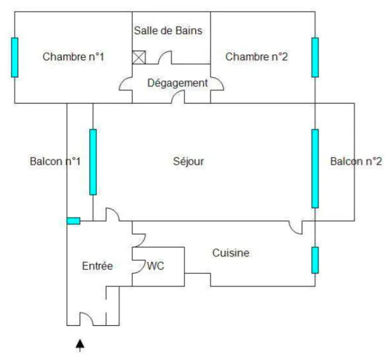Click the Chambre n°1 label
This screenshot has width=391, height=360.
(73, 57)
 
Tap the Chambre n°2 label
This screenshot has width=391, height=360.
(257, 57)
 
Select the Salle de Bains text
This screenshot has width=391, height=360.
(168, 30)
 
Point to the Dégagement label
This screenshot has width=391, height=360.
(178, 83)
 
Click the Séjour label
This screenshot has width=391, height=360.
(189, 161)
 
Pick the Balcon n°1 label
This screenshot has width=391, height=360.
(55, 161)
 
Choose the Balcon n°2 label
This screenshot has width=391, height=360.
(356, 161)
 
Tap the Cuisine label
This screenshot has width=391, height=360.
(230, 253)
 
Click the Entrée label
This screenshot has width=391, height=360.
(97, 266)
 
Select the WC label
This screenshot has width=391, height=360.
(155, 266)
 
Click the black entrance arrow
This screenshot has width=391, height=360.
(80, 345)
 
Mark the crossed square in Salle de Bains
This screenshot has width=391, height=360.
(139, 57)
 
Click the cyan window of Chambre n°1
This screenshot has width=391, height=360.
(15, 57)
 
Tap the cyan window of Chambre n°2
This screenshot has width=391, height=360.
(315, 57)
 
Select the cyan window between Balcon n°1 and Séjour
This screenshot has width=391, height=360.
(93, 162)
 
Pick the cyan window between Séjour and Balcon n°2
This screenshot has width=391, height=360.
(315, 168)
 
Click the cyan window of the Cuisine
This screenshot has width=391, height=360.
(315, 260)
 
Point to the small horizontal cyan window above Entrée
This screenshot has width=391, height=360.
(74, 221)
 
